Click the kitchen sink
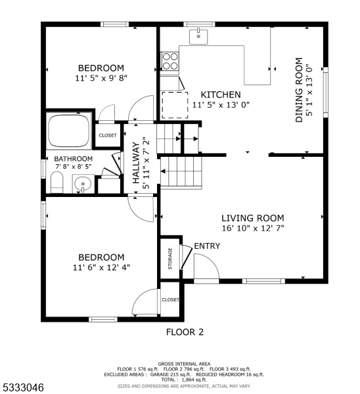tap(198, 37)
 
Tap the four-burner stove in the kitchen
tap(170, 61)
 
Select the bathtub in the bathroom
tap(69, 131)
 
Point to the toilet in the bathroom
tap(56, 183)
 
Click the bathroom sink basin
tap(83, 184)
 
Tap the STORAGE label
tap(170, 259)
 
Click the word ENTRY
tap(207, 246)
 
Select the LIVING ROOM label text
tap(253, 218)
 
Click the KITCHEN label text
tap(221, 95)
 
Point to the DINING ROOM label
tap(299, 90)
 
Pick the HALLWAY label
tap(136, 163)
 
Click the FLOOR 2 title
tap(185, 332)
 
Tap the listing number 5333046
tap(22, 387)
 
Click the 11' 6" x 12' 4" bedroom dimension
tap(101, 268)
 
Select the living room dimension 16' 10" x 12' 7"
tap(253, 229)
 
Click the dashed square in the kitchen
tap(175, 105)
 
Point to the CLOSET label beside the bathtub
tap(108, 135)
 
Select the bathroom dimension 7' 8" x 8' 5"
tap(74, 166)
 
